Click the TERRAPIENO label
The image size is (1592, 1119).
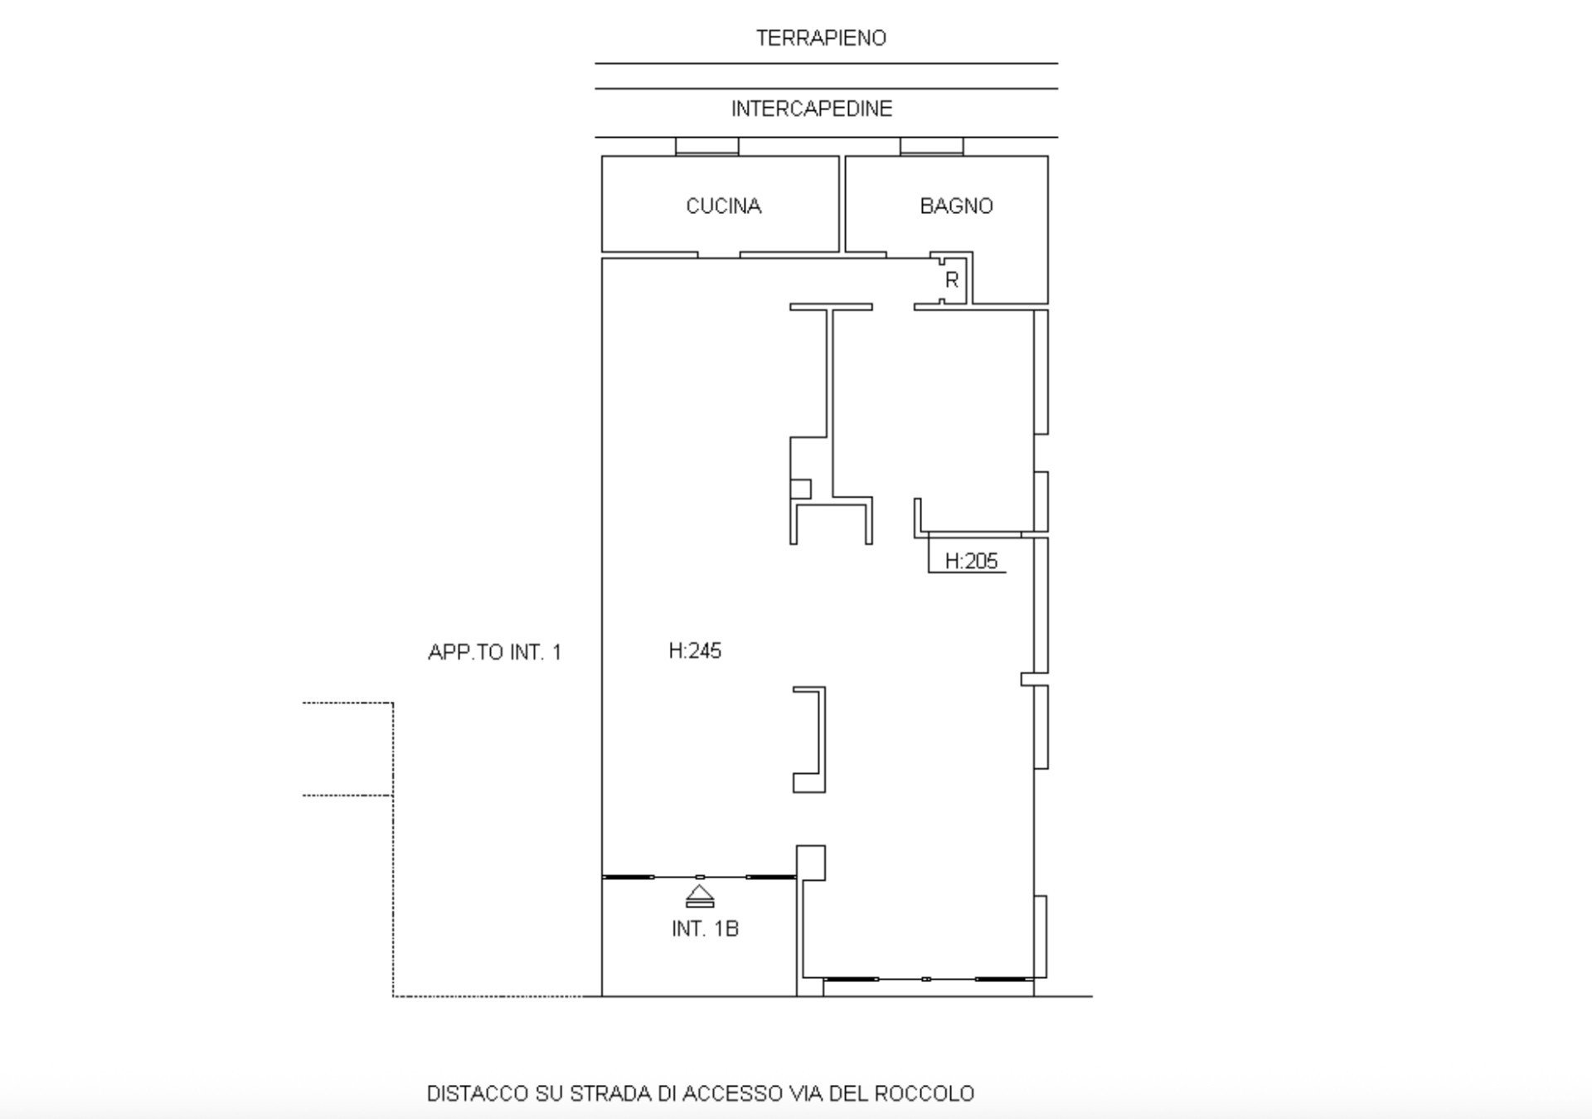tap(821, 38)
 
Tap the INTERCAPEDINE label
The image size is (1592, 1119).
tap(812, 109)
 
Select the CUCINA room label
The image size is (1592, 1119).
tap(724, 206)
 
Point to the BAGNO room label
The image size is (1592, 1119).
tap(956, 206)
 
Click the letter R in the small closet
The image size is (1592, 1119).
tap(952, 280)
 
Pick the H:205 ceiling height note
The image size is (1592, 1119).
tap(971, 562)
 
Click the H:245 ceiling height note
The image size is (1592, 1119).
tap(695, 651)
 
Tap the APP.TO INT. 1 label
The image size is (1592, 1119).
tap(495, 653)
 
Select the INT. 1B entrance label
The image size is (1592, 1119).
tap(705, 929)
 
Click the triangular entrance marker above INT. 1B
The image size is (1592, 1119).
tap(700, 897)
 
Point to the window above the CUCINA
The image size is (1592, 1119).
tap(706, 146)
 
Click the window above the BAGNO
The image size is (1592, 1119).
tap(932, 146)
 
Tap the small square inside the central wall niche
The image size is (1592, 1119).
tap(801, 489)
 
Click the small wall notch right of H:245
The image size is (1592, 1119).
tap(1028, 679)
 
